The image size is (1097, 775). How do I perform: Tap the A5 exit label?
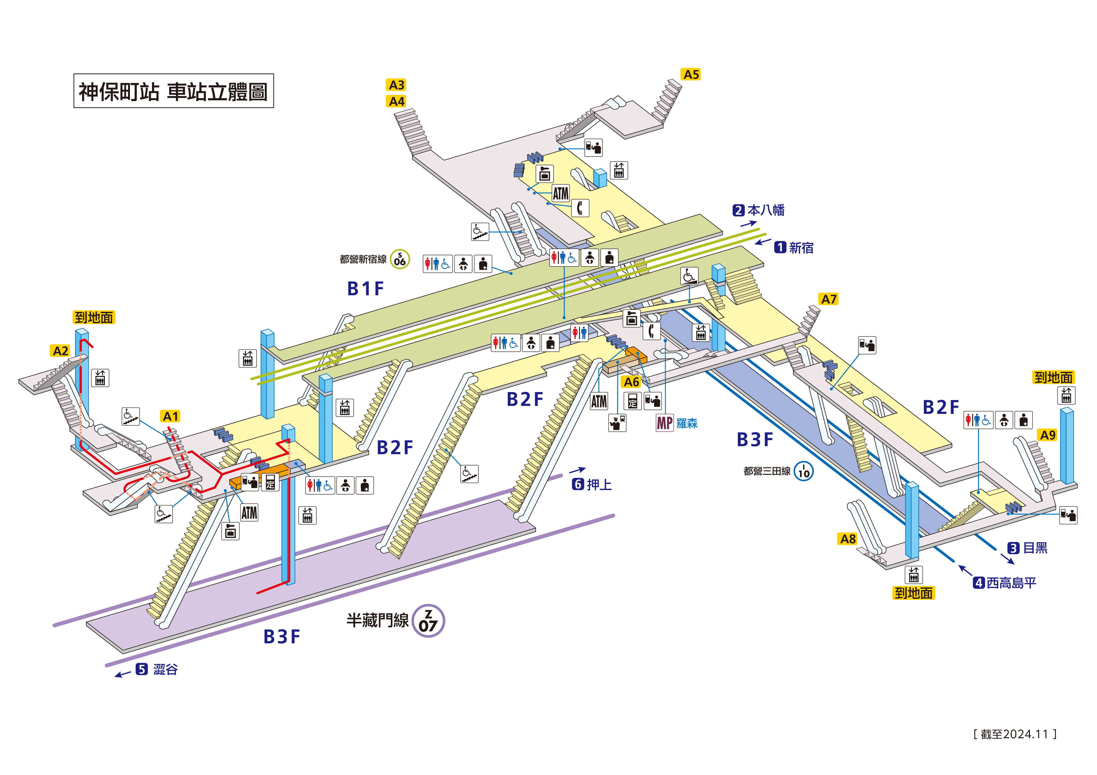[691, 75]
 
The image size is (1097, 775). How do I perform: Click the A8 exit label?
[848, 539]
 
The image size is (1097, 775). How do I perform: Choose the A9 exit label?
[1047, 435]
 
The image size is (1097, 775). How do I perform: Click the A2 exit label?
[60, 351]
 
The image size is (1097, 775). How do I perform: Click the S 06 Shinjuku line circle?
[400, 259]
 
